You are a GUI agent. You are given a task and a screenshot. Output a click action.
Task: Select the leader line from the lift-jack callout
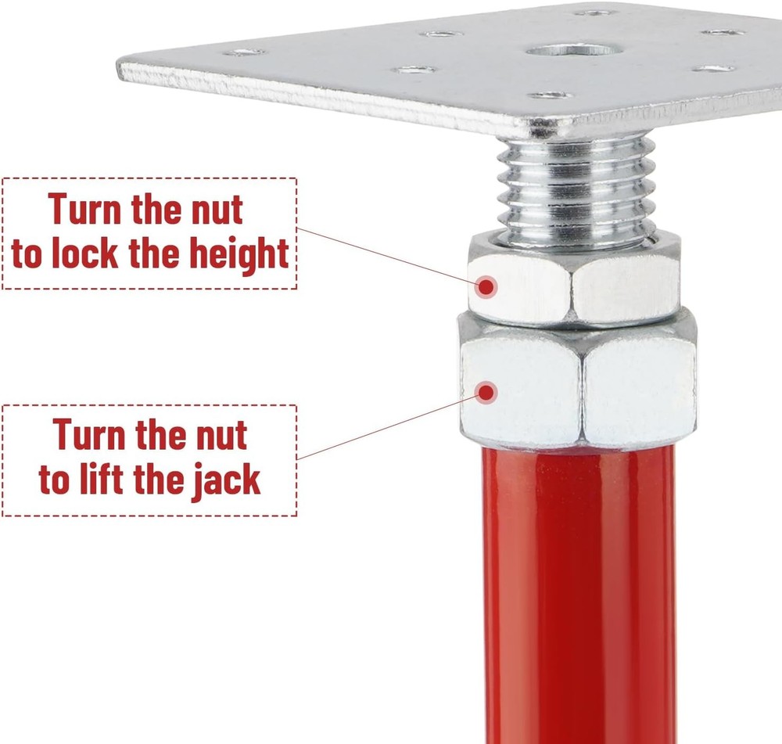coord(383,427)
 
